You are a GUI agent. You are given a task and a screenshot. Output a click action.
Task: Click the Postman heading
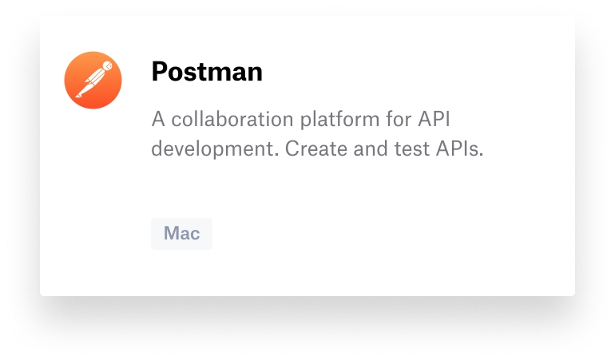207,73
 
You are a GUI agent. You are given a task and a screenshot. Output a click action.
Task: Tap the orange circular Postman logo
93,79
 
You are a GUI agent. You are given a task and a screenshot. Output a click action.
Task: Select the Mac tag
181,234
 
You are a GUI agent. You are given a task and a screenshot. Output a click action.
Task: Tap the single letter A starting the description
157,121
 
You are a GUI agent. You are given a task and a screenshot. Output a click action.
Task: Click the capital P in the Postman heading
159,73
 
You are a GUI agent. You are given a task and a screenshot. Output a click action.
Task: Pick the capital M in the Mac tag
171,234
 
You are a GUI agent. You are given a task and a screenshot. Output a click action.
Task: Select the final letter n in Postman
255,73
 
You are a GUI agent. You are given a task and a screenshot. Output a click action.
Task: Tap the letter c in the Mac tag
195,235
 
